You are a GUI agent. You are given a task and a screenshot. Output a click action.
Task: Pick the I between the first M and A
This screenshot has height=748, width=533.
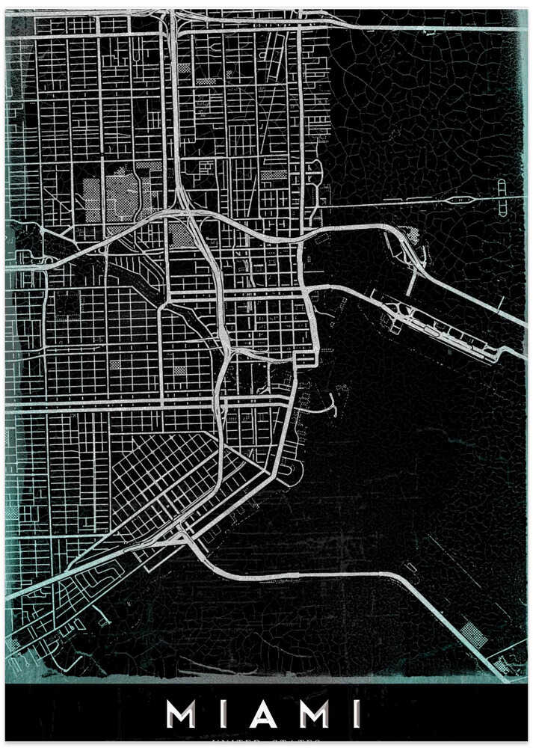coord(221,714)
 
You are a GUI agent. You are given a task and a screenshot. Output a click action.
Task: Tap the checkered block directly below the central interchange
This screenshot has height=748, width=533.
coord(182,236)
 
